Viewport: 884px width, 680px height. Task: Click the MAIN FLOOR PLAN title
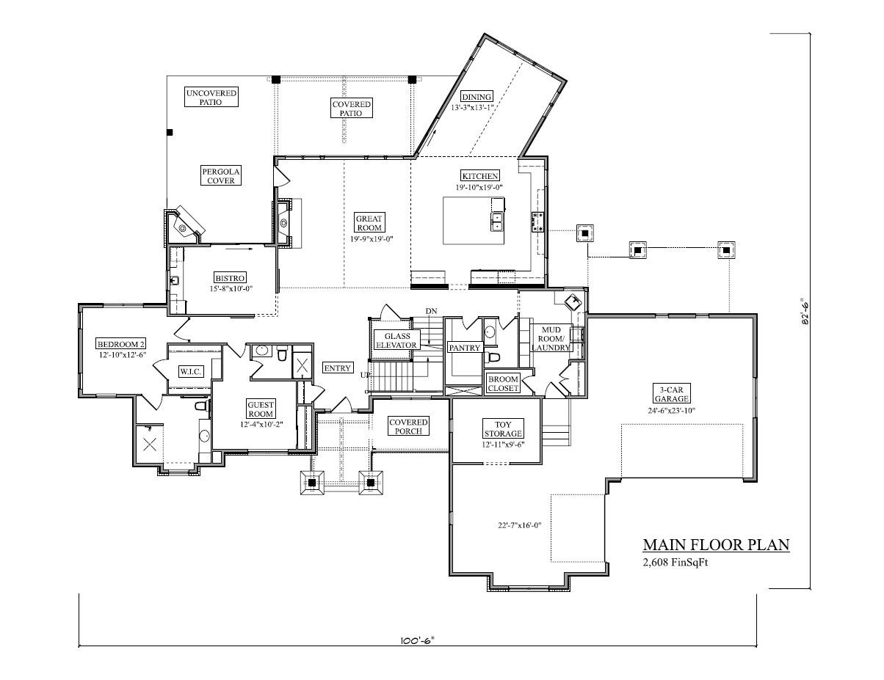click(x=716, y=545)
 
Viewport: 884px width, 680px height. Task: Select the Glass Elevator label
click(x=396, y=340)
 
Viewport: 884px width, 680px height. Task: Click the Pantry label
click(x=464, y=348)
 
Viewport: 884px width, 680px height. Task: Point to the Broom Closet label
click(x=504, y=383)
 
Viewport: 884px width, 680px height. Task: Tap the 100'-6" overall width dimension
click(x=418, y=640)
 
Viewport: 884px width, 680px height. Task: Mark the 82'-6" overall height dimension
click(x=805, y=311)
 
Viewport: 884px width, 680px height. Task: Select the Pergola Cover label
click(x=221, y=176)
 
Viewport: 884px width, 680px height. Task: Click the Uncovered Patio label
click(x=211, y=98)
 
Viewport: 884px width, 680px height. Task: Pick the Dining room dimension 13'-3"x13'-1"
click(x=476, y=107)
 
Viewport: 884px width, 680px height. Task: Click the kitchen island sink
click(x=497, y=222)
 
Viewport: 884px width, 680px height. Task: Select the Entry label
click(x=338, y=368)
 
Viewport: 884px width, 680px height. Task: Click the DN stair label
click(x=431, y=312)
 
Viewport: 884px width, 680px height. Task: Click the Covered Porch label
click(x=408, y=426)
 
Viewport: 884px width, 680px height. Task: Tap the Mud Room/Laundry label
click(x=551, y=338)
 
